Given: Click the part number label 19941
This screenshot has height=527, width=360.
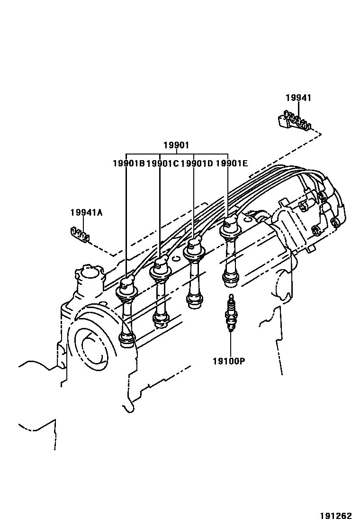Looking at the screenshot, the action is pyautogui.click(x=298, y=98).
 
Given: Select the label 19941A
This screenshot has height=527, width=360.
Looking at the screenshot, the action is pyautogui.click(x=86, y=212).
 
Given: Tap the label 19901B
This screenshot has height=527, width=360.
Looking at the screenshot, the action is pyautogui.click(x=129, y=164).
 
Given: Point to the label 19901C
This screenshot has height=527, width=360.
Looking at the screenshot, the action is pyautogui.click(x=162, y=164).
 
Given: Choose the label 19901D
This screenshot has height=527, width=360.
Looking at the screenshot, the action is pyautogui.click(x=197, y=164).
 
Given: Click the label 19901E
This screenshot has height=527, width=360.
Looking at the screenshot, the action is pyautogui.click(x=232, y=164).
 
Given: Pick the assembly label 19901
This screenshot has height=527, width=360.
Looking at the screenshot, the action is pyautogui.click(x=176, y=145).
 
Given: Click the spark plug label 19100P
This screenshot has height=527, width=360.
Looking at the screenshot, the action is pyautogui.click(x=229, y=361).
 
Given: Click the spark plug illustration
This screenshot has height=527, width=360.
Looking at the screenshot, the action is pyautogui.click(x=230, y=313).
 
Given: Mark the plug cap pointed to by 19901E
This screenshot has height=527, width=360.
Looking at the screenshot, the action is pyautogui.click(x=230, y=227).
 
